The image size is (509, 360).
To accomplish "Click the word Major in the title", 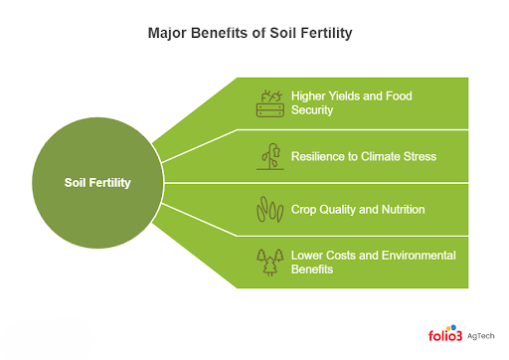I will tap(166, 34).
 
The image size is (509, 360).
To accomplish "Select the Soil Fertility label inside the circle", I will tap(96, 182).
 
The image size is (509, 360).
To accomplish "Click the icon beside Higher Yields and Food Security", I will tap(270, 102).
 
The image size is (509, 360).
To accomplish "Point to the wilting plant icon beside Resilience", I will tap(270, 156).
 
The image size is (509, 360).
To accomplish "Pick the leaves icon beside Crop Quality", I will tap(270, 210).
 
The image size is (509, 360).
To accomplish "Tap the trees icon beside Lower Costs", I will tap(270, 262).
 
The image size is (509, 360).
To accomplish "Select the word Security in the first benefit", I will tap(312, 109).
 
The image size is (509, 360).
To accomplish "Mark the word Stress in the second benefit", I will tap(422, 156).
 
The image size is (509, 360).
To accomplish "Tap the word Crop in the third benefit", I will tap(304, 210).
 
